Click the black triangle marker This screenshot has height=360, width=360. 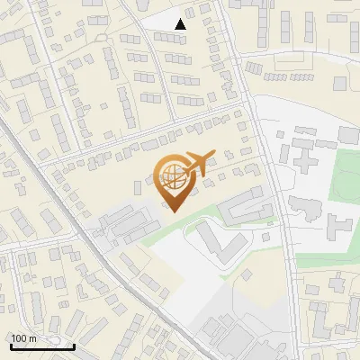(181, 24)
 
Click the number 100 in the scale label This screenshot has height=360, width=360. (19, 338)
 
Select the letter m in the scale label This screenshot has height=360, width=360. (31, 338)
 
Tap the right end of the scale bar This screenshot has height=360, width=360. (74, 346)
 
